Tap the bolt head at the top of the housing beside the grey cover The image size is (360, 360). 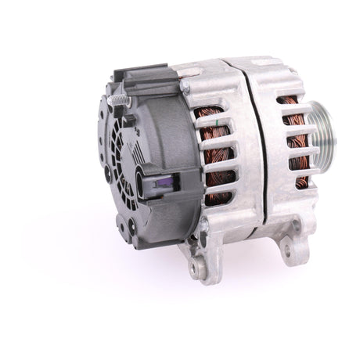click(185, 77)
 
